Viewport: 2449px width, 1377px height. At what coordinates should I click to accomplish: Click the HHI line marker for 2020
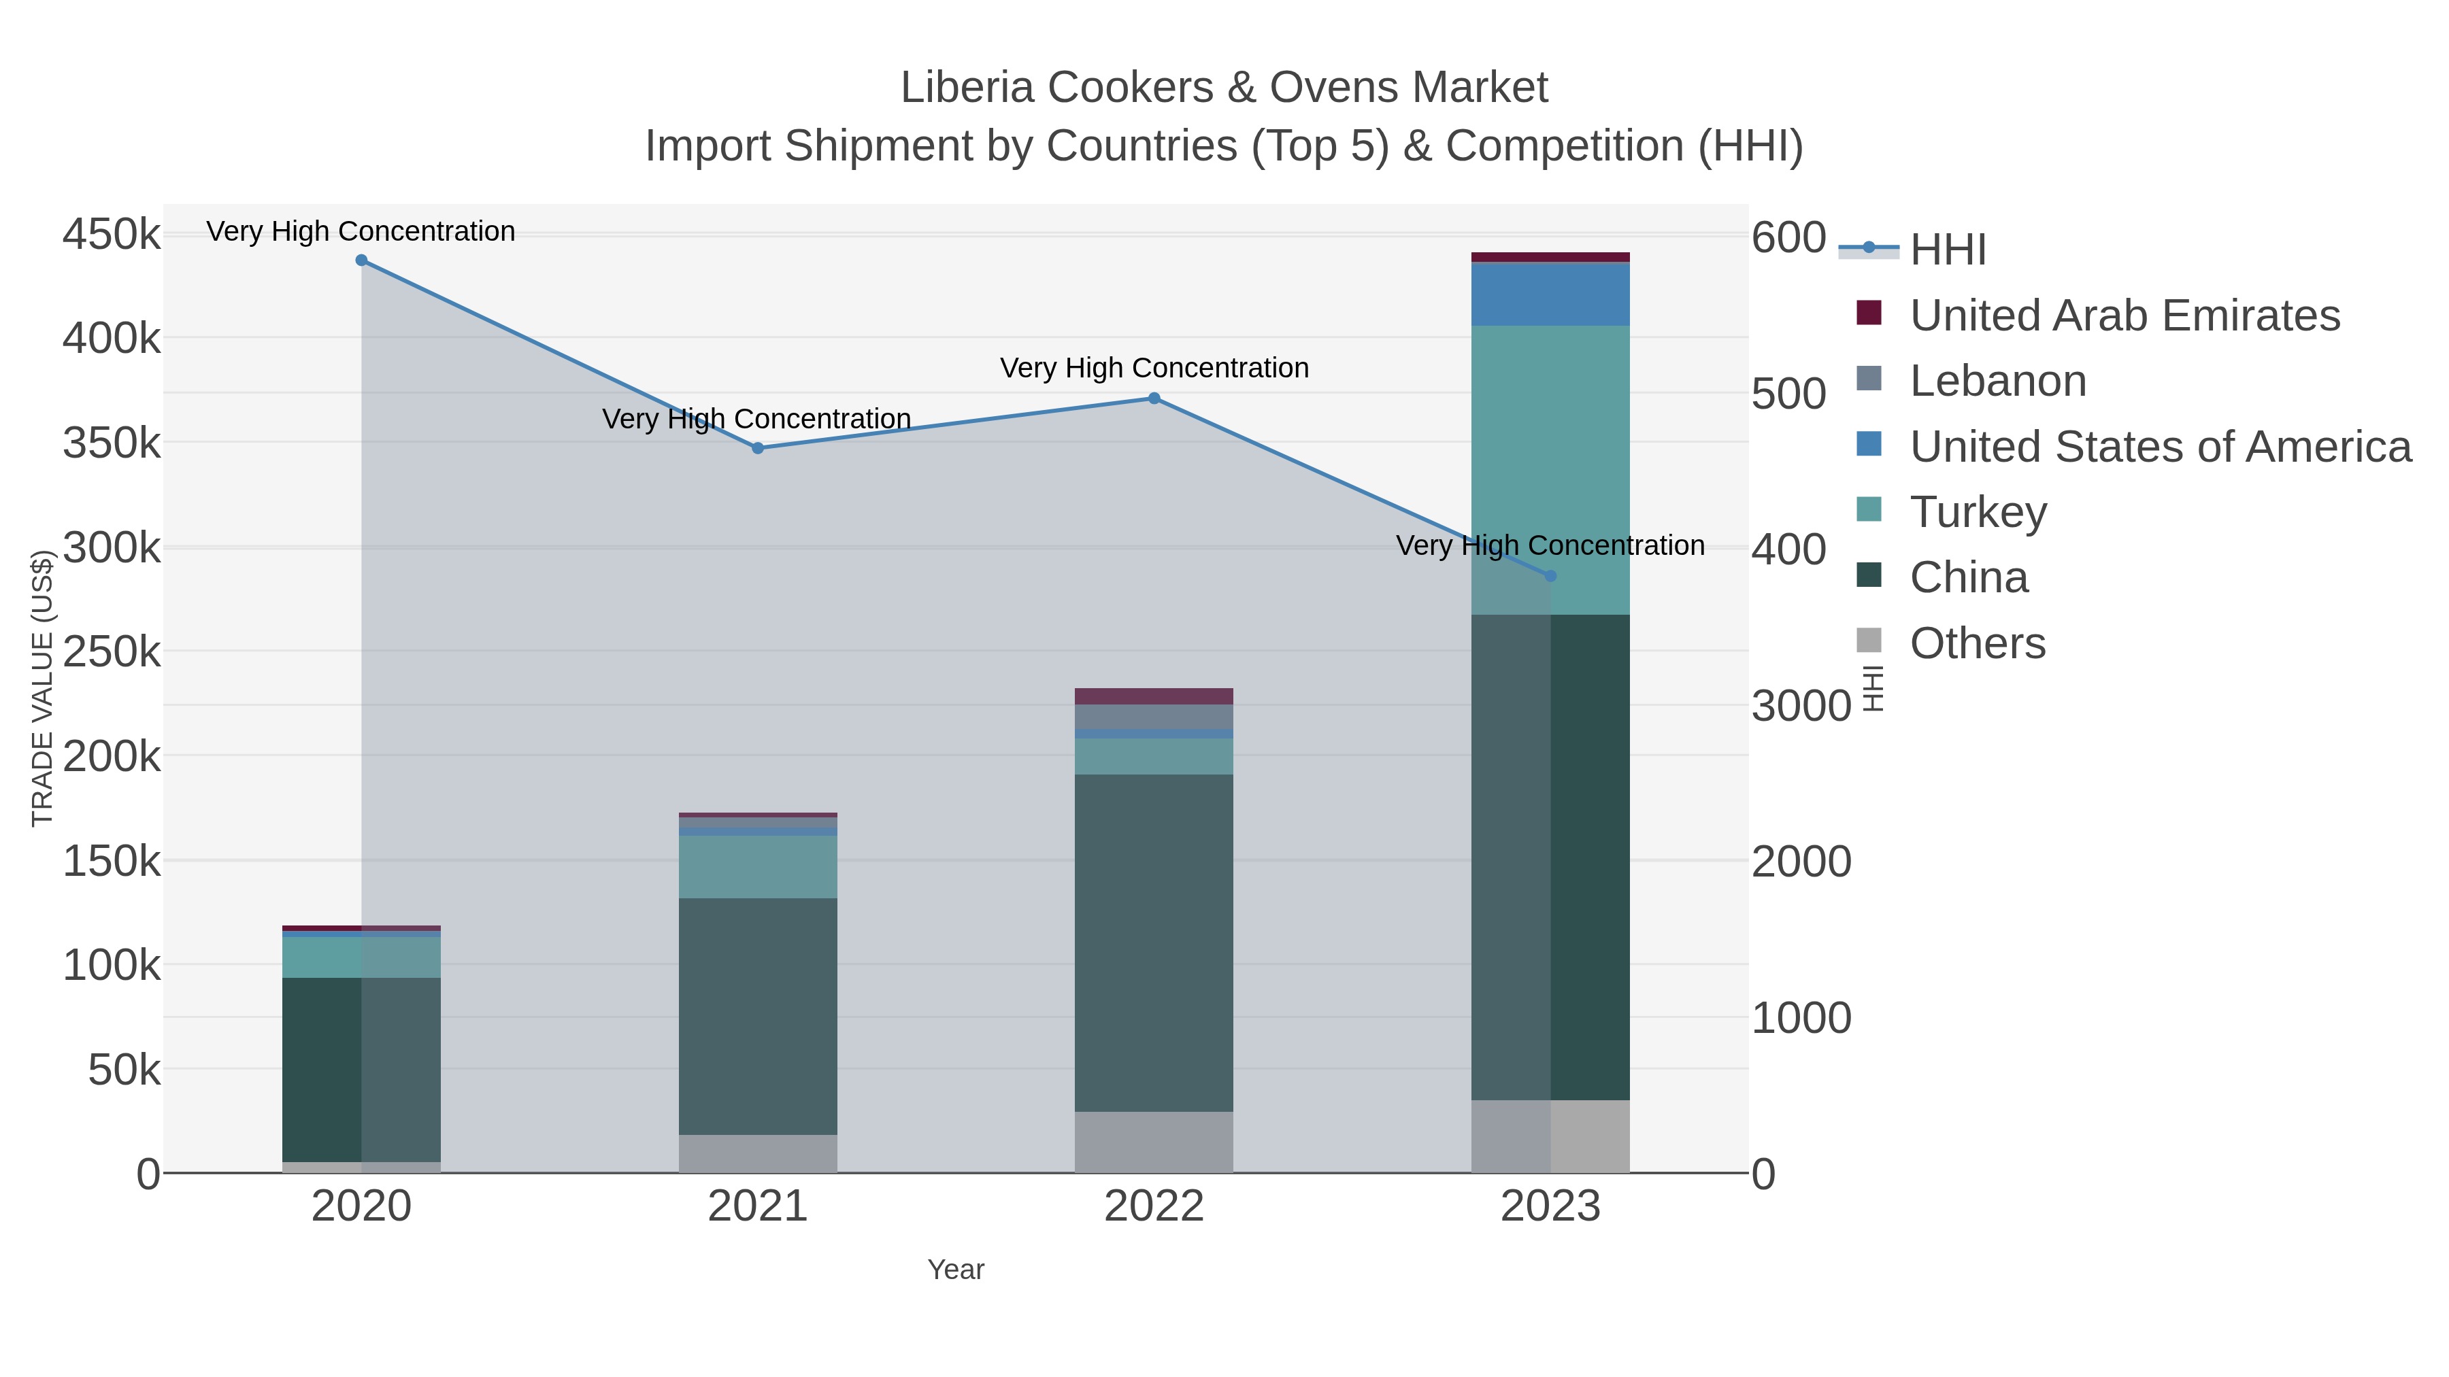pyautogui.click(x=361, y=260)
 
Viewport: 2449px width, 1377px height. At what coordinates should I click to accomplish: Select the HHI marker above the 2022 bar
pyautogui.click(x=1154, y=398)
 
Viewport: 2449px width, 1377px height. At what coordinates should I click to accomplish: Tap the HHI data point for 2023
pyautogui.click(x=1550, y=576)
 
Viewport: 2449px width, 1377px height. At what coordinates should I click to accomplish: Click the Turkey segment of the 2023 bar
pyautogui.click(x=1550, y=456)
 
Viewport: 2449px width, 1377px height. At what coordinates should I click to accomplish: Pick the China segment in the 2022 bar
pyautogui.click(x=1154, y=941)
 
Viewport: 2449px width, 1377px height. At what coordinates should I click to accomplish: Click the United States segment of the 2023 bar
pyautogui.click(x=1550, y=294)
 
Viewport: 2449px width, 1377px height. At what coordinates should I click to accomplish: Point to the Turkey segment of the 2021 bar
pyautogui.click(x=758, y=867)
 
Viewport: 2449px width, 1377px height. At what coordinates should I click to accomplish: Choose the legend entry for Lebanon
pyautogui.click(x=1997, y=381)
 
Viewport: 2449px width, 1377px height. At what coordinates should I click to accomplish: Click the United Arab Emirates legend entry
pyautogui.click(x=2124, y=316)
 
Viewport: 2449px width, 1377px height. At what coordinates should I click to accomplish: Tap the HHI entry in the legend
pyautogui.click(x=1947, y=250)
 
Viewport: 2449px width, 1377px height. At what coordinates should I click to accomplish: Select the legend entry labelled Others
pyautogui.click(x=1976, y=643)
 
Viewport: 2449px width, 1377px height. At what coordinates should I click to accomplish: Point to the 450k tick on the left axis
pyautogui.click(x=112, y=234)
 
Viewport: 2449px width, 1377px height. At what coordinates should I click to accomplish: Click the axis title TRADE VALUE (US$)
pyautogui.click(x=43, y=688)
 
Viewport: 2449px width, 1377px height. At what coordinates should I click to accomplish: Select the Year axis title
pyautogui.click(x=956, y=1270)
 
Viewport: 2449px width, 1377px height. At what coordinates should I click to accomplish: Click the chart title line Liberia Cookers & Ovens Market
pyautogui.click(x=1224, y=88)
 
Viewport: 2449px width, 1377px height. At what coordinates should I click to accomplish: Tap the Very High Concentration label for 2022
pyautogui.click(x=1154, y=368)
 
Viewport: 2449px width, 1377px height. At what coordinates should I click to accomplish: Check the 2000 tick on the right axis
pyautogui.click(x=1801, y=862)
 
